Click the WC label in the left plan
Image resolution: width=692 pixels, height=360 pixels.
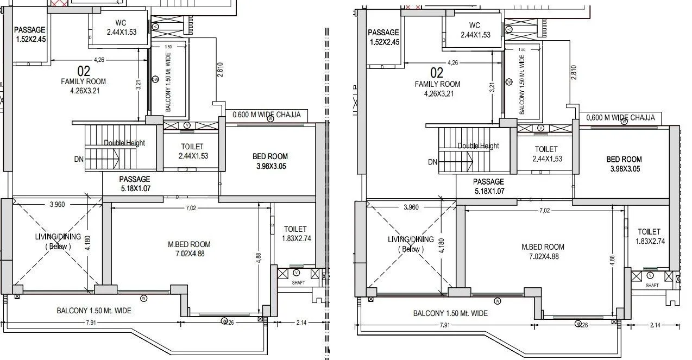(121, 23)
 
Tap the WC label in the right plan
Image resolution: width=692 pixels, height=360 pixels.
(474, 26)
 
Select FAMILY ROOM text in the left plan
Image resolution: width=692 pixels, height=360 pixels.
(83, 81)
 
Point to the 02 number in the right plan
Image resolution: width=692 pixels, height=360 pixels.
(437, 72)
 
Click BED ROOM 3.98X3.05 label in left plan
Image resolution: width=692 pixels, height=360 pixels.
(270, 161)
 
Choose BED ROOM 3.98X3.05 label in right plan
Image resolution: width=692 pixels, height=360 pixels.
(624, 164)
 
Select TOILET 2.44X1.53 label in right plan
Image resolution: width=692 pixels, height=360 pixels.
(546, 154)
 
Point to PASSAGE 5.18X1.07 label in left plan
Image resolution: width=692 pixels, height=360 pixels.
(135, 184)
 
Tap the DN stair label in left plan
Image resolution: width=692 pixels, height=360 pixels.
(79, 159)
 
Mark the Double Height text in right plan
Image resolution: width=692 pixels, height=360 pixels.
(478, 146)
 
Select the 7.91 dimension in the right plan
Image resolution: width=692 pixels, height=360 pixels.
(444, 325)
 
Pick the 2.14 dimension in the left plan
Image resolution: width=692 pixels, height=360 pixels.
(301, 323)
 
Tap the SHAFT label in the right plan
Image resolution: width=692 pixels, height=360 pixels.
(652, 286)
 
